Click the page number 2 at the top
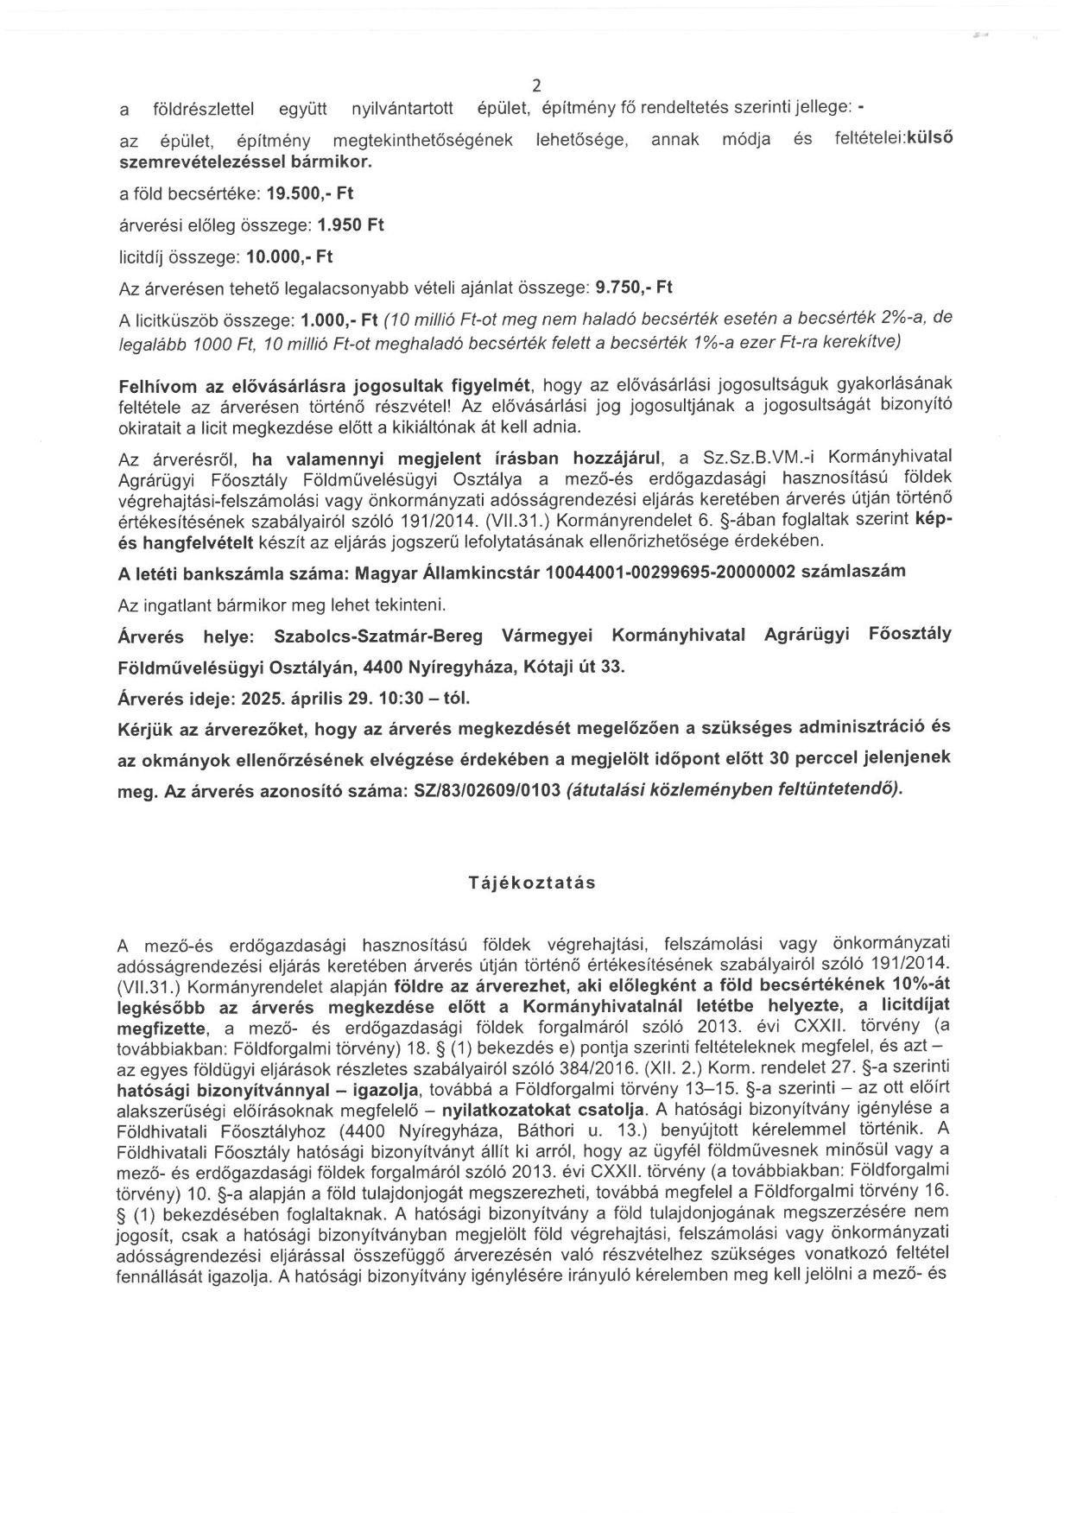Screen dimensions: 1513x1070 point(536,85)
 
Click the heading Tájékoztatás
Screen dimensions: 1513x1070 point(532,883)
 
